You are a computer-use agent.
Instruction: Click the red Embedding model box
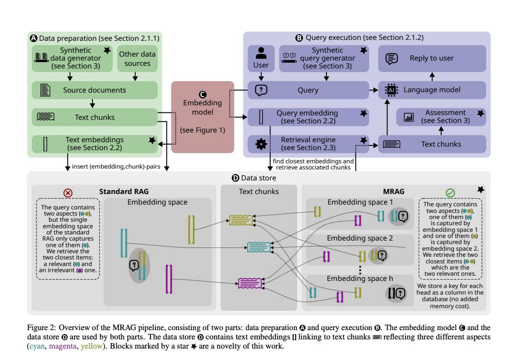[202, 117]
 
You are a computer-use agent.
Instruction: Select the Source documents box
[94, 90]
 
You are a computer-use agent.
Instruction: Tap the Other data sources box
[137, 59]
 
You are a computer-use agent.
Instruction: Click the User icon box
[261, 58]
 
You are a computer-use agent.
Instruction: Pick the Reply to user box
[432, 58]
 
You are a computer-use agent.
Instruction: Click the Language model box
[432, 90]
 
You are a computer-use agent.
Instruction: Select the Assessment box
[441, 117]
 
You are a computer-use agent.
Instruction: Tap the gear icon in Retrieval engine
[261, 144]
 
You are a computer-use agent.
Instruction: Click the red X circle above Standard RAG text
[68, 193]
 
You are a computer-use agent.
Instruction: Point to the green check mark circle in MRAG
[450, 193]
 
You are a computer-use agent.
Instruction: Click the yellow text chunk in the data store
[241, 220]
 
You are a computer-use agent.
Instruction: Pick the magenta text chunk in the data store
[250, 284]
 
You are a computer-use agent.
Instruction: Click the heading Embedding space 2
[360, 238]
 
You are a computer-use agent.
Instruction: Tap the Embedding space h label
[360, 279]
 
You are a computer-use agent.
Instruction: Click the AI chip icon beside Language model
[390, 90]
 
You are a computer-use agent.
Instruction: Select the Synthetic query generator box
[325, 58]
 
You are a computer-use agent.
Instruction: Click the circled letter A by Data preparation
[34, 38]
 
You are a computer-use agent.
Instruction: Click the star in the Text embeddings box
[152, 140]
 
